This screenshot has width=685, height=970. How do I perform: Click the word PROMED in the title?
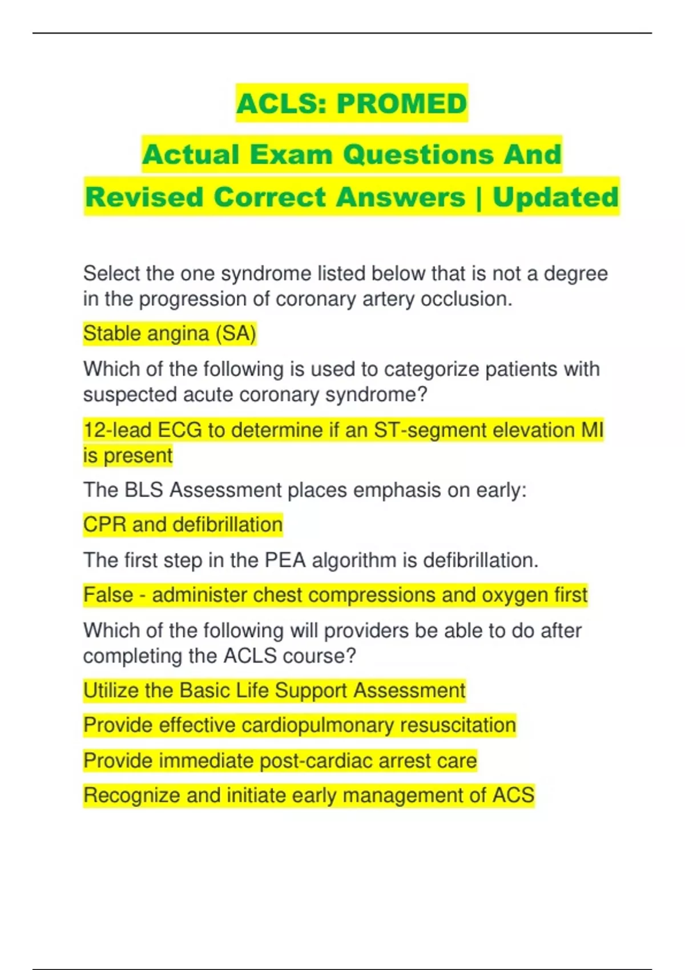(401, 103)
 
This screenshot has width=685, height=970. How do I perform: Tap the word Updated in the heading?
(555, 197)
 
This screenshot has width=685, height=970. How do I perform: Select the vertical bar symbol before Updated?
(478, 197)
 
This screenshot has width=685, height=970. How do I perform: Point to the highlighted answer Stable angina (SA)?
(170, 333)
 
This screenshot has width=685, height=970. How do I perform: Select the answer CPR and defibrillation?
(183, 524)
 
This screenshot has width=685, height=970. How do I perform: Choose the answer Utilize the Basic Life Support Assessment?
(274, 690)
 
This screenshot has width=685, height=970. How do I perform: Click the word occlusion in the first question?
(466, 299)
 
